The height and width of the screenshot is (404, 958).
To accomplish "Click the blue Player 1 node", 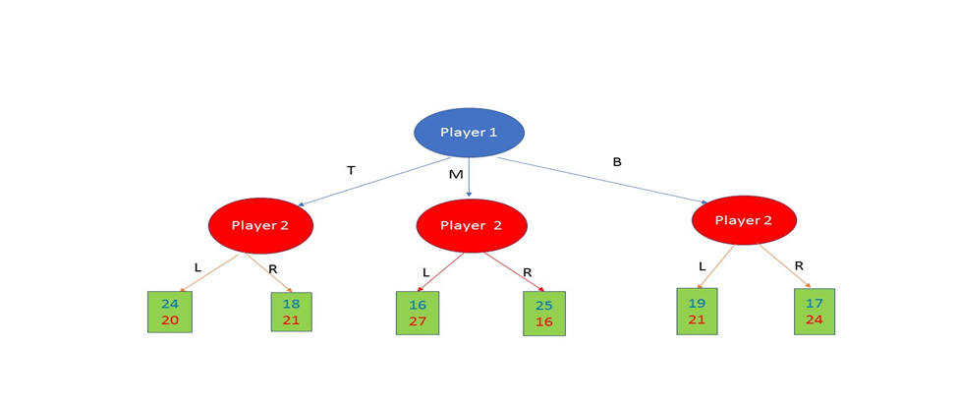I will click(x=469, y=133).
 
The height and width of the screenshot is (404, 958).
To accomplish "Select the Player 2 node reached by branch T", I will click(x=260, y=225).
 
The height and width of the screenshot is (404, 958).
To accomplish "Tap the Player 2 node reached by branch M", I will click(x=472, y=225).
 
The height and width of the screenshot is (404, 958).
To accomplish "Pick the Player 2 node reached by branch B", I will click(x=744, y=220).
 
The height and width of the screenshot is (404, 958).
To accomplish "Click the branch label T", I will click(x=351, y=171).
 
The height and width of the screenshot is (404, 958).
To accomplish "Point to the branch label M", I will click(x=456, y=175).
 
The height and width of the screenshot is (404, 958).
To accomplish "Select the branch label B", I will click(x=617, y=162).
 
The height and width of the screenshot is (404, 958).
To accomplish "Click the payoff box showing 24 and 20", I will click(x=170, y=312).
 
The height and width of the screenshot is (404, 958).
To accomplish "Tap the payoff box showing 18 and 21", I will click(x=292, y=312).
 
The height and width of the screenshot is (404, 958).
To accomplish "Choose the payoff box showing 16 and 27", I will click(x=418, y=313).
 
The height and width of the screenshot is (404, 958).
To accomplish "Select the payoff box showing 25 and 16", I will click(x=544, y=314).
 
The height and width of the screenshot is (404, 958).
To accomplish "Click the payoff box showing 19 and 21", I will click(x=697, y=312).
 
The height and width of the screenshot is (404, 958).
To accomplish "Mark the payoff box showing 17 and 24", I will click(x=815, y=312).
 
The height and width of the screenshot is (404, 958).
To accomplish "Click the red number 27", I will click(x=418, y=321).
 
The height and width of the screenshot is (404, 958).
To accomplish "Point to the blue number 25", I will click(x=544, y=306).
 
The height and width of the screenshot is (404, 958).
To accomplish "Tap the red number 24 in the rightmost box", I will click(x=815, y=319).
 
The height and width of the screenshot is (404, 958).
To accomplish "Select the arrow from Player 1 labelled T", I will click(x=373, y=182).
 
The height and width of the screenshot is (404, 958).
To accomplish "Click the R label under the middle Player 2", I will click(x=528, y=272).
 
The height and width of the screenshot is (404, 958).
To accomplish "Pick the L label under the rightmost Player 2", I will click(x=702, y=266).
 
